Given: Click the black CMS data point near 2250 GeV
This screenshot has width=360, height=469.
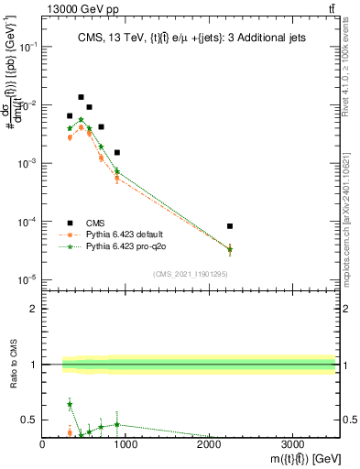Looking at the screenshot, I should click(230, 226).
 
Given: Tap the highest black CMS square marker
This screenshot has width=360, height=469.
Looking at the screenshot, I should click(81, 97).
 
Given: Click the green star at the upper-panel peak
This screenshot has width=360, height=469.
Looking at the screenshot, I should click(81, 119).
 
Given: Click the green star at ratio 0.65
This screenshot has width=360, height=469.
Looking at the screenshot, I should click(70, 404).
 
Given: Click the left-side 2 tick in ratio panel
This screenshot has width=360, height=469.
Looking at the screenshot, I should click(35, 309).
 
